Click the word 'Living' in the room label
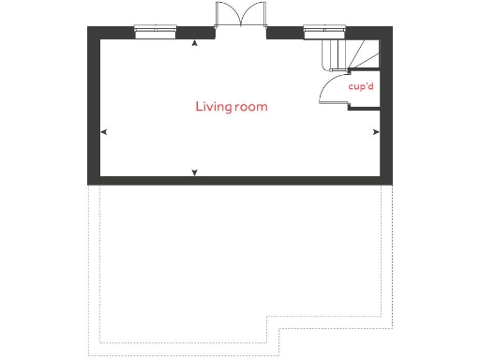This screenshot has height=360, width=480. (212, 107)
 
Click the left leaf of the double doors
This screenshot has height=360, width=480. (225, 15)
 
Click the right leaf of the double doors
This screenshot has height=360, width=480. (254, 15)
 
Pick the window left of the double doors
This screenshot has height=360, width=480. (156, 31)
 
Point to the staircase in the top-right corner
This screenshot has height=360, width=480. (351, 54)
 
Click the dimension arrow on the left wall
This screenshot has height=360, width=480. (103, 132)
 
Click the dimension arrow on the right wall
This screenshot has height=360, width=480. (376, 132)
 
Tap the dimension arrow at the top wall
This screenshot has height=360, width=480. (194, 42)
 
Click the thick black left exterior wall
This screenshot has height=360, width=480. (94, 103)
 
